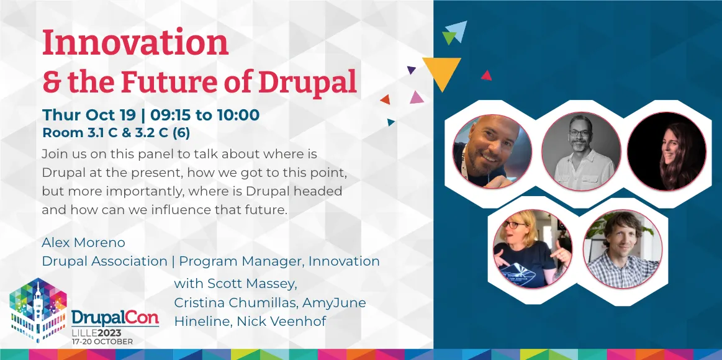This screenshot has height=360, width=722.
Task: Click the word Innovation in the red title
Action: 135,42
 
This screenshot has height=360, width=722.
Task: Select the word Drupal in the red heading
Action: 307,81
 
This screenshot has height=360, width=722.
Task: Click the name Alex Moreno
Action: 83,242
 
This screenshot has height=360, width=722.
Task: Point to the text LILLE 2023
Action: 97,333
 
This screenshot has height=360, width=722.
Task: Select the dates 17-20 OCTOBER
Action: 102,341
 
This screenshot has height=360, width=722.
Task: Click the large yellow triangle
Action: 441,71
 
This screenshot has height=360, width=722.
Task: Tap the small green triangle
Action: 449,37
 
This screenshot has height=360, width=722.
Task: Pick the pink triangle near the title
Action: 417,97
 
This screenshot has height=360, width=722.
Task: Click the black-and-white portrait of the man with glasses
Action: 580,151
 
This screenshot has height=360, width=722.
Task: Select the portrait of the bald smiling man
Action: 492,151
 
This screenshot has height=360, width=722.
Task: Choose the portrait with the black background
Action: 666,151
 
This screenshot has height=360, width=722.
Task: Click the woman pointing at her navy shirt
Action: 532,249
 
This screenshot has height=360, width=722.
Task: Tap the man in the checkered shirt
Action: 622,249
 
